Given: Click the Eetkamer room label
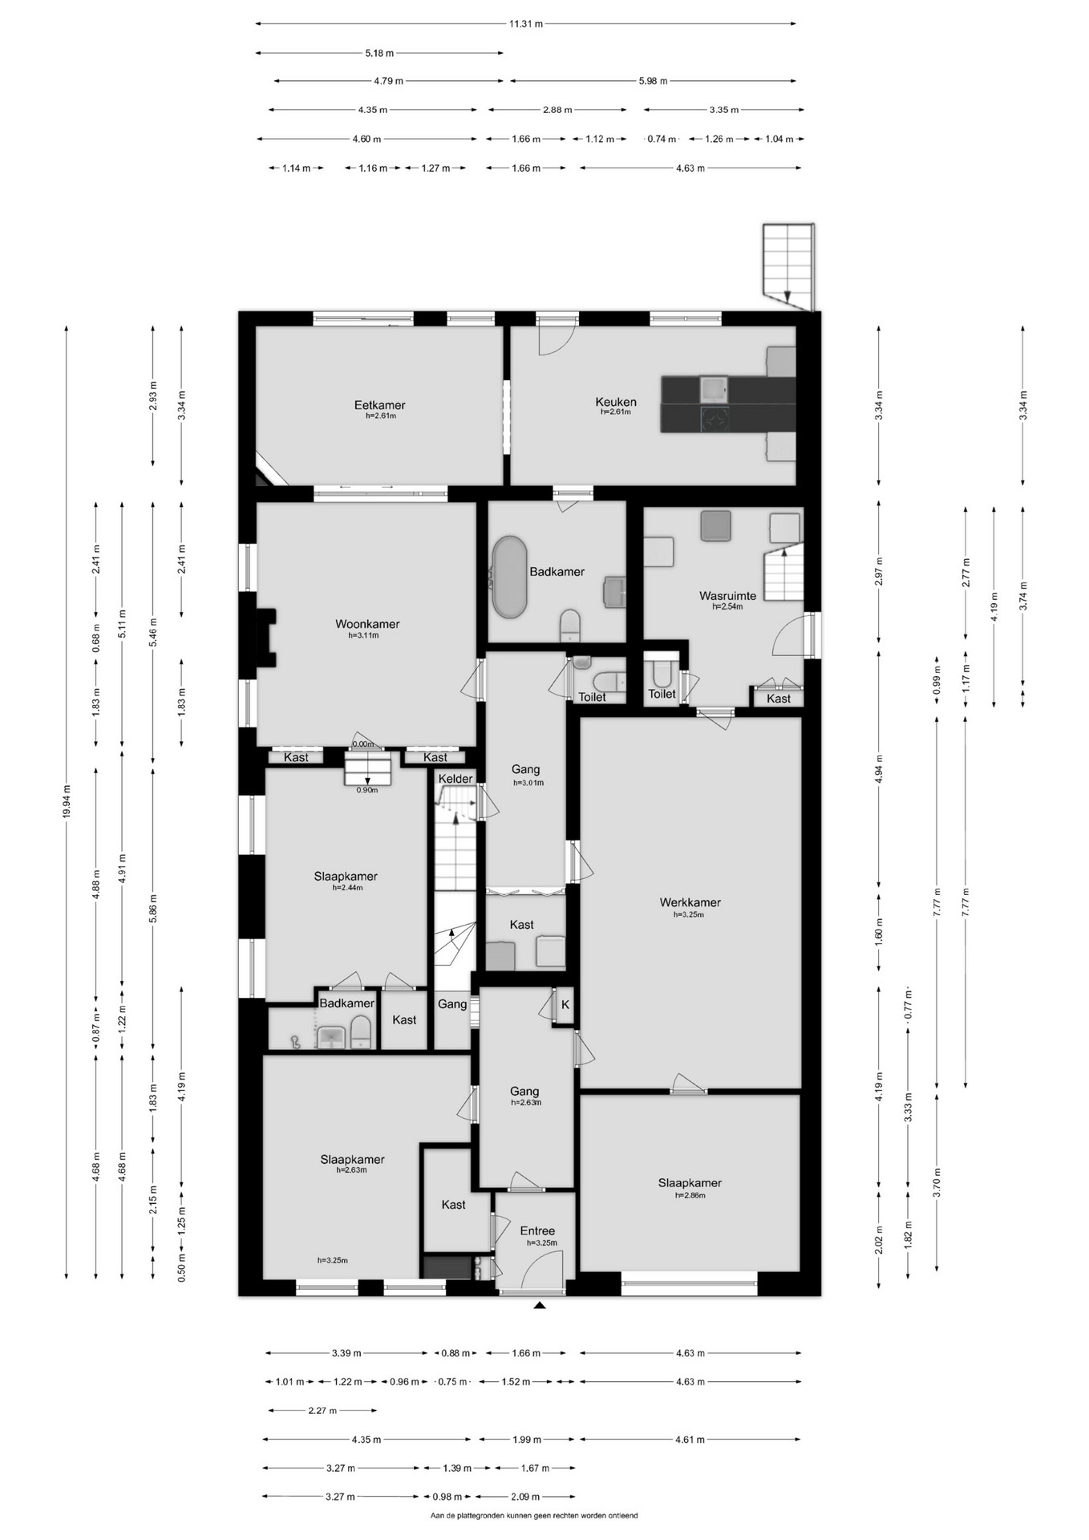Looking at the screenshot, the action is [379, 405].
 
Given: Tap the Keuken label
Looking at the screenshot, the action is [616, 402].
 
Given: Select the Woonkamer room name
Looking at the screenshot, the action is [367, 624].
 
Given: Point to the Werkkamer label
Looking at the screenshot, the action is [690, 902].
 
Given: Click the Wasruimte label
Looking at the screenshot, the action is [727, 596].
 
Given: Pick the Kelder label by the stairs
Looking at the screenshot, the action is [455, 779].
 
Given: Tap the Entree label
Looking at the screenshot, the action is [537, 1231].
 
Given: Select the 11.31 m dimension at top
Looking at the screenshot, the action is [526, 24].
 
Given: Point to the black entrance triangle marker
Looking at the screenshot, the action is [540, 1306].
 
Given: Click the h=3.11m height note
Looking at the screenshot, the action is [363, 635].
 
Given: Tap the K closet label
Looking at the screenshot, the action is [565, 1004].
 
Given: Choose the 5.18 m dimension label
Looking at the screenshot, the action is [379, 53].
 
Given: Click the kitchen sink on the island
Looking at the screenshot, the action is [714, 390].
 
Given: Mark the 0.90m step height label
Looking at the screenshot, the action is [366, 790].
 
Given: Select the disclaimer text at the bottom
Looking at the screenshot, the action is [534, 1516].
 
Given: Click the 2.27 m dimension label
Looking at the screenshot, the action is [322, 1411].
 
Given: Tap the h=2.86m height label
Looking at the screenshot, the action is [690, 1195].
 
